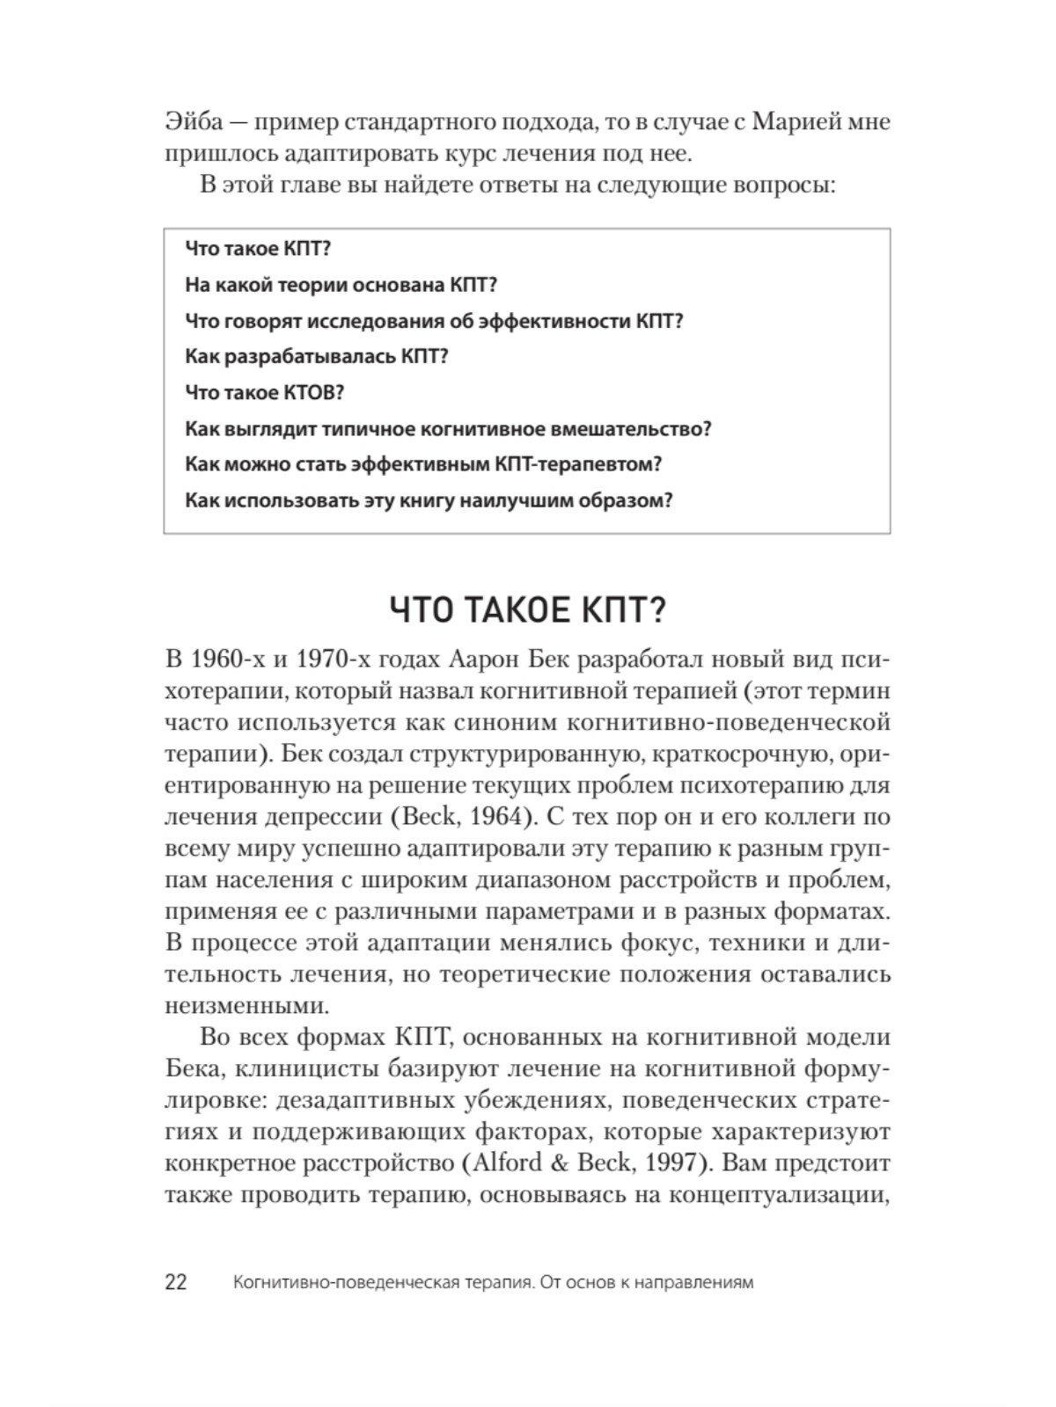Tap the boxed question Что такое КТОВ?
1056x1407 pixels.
click(265, 393)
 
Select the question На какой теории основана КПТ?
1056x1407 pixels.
click(342, 285)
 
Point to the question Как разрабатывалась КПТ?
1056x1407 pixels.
click(318, 357)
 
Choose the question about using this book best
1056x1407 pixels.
click(429, 501)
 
